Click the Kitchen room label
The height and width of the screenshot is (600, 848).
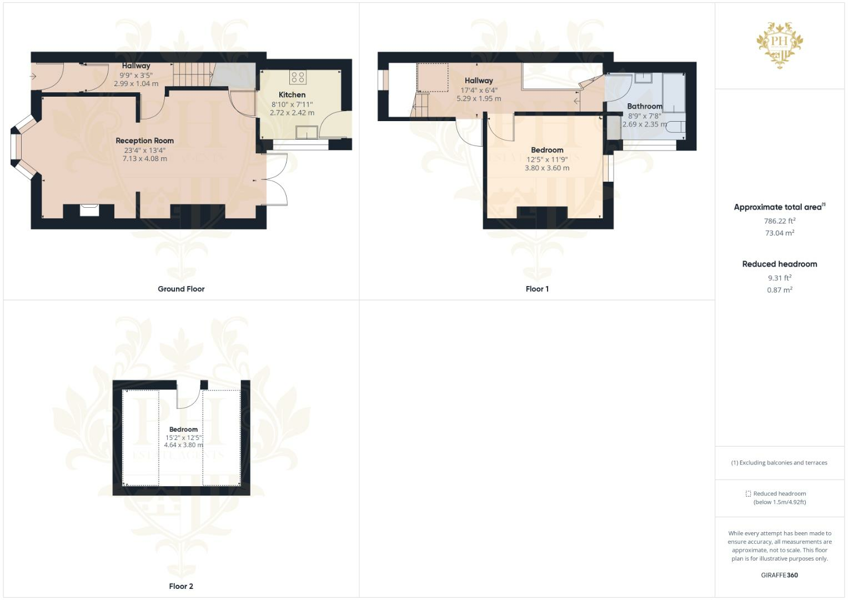pyautogui.click(x=292, y=95)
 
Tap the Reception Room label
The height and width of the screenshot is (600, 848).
pyautogui.click(x=144, y=141)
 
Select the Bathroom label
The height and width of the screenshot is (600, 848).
pyautogui.click(x=644, y=106)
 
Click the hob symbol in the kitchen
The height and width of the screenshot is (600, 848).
pyautogui.click(x=298, y=77)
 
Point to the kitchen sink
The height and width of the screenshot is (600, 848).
pyautogui.click(x=307, y=132)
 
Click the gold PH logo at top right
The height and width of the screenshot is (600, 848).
pyautogui.click(x=780, y=44)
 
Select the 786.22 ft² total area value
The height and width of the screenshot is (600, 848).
pyautogui.click(x=780, y=221)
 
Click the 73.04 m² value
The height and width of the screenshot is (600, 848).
pyautogui.click(x=780, y=233)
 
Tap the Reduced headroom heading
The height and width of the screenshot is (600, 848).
pyautogui.click(x=780, y=264)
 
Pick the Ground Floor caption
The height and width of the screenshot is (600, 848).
pyautogui.click(x=181, y=289)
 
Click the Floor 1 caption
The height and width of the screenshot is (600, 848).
pyautogui.click(x=537, y=289)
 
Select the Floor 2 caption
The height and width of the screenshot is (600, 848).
pyautogui.click(x=181, y=586)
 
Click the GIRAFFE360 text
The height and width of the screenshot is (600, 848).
pyautogui.click(x=779, y=575)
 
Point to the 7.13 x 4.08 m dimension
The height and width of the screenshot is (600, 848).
pyautogui.click(x=144, y=159)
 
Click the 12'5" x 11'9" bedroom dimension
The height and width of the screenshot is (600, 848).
pyautogui.click(x=547, y=159)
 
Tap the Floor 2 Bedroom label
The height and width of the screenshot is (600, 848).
pyautogui.click(x=183, y=429)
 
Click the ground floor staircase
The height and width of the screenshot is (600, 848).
pyautogui.click(x=193, y=74)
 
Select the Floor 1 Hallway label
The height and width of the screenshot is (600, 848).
pyautogui.click(x=479, y=81)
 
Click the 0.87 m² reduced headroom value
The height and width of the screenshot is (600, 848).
pyautogui.click(x=780, y=290)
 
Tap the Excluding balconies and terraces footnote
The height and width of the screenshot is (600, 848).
pyautogui.click(x=779, y=463)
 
